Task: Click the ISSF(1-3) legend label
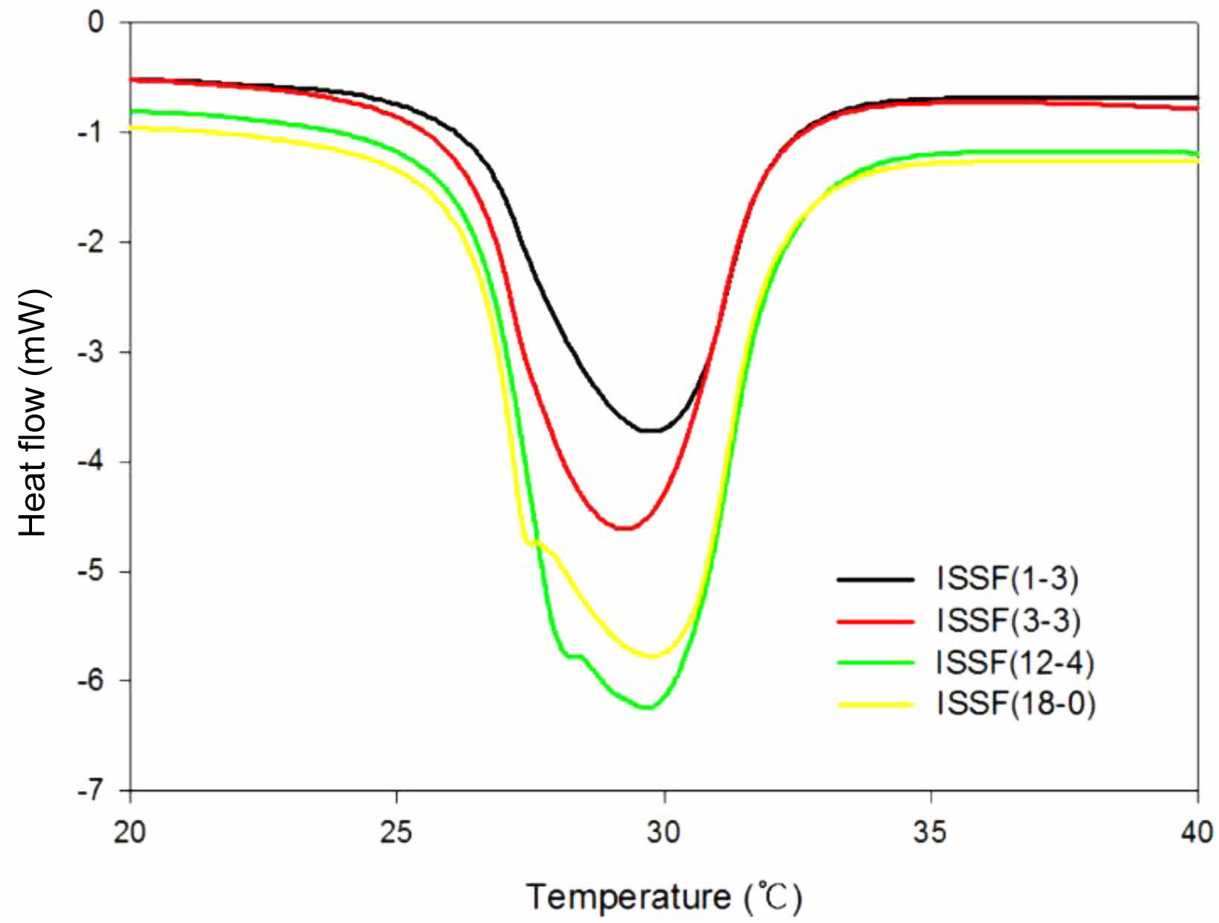tap(1007, 579)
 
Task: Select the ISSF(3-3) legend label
tap(1008, 620)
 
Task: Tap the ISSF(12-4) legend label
tap(1015, 662)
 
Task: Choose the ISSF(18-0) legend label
tap(1016, 703)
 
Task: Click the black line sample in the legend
tap(875, 579)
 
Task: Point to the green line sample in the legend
tap(875, 662)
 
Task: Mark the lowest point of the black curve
tap(650, 430)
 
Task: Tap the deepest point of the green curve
tap(647, 707)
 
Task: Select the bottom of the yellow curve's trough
tap(653, 656)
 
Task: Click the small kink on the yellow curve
tap(531, 542)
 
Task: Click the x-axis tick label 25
tap(396, 832)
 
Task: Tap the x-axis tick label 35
tap(930, 832)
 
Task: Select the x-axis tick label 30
tap(663, 832)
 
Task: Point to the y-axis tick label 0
tap(96, 22)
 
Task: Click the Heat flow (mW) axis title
tap(33, 412)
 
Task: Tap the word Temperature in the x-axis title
tap(628, 897)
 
